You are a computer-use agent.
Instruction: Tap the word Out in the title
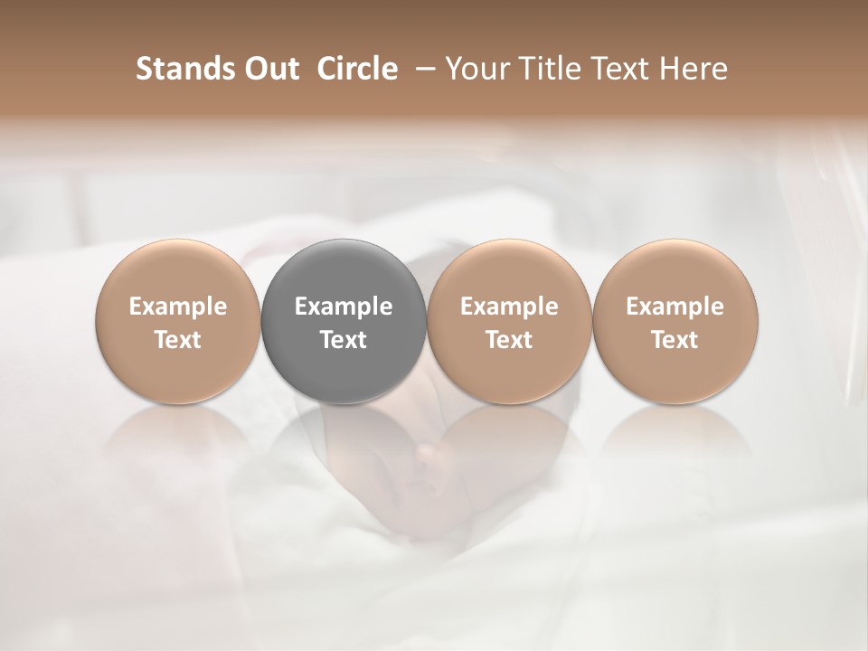[270, 69]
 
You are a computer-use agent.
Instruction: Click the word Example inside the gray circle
[344, 307]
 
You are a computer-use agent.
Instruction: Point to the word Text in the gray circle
[344, 340]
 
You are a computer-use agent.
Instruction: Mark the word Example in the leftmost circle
[178, 307]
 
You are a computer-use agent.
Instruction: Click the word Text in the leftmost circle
[178, 340]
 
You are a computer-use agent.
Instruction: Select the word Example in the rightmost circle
[675, 307]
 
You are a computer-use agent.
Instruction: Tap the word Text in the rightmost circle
[675, 340]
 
